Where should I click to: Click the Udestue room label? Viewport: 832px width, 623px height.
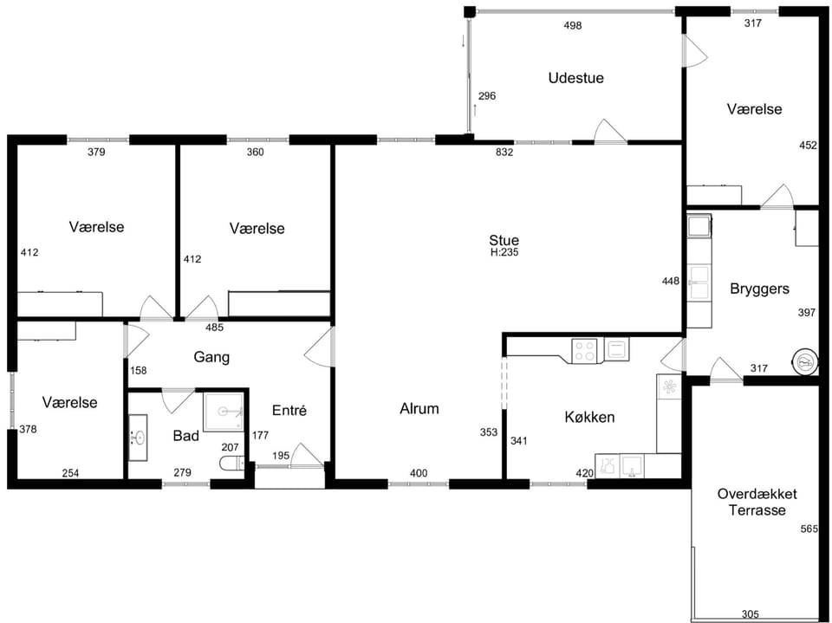pyautogui.click(x=575, y=78)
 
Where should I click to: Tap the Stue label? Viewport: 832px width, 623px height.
pyautogui.click(x=504, y=240)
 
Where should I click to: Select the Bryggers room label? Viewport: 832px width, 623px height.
pyautogui.click(x=759, y=289)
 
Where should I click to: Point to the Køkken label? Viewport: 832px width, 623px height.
pyautogui.click(x=589, y=417)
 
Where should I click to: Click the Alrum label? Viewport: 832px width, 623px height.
pyautogui.click(x=419, y=409)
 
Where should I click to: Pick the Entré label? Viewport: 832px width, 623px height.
pyautogui.click(x=289, y=410)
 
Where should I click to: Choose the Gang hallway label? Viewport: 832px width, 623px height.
pyautogui.click(x=211, y=357)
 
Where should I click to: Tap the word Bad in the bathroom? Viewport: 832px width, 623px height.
pyautogui.click(x=186, y=436)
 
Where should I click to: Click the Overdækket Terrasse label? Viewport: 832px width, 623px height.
pyautogui.click(x=757, y=502)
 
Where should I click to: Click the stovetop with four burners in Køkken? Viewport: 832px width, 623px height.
pyautogui.click(x=585, y=351)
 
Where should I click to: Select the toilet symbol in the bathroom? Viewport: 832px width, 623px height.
pyautogui.click(x=232, y=464)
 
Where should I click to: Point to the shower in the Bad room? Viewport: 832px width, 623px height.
pyautogui.click(x=224, y=412)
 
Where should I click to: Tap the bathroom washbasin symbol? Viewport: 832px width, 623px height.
pyautogui.click(x=138, y=438)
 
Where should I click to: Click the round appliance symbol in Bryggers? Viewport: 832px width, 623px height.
pyautogui.click(x=804, y=363)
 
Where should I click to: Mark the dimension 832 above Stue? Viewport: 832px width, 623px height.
pyautogui.click(x=504, y=153)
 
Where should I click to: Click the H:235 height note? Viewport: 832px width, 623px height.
pyautogui.click(x=504, y=253)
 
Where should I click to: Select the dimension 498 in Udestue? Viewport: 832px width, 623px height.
pyautogui.click(x=573, y=25)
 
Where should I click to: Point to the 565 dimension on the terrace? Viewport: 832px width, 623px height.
pyautogui.click(x=809, y=529)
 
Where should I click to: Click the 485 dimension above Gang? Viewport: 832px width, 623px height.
pyautogui.click(x=214, y=328)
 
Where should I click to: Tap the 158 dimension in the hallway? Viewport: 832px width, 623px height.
pyautogui.click(x=138, y=370)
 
